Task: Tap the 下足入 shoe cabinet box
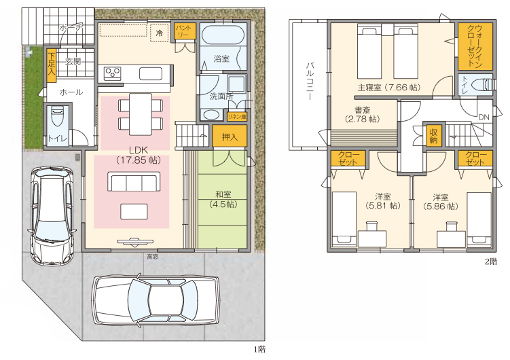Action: [52, 65]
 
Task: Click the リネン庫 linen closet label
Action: [237, 116]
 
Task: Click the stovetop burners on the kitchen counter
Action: [112, 73]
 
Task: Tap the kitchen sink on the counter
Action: [151, 73]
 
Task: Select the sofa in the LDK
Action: [134, 181]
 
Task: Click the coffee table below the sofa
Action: [134, 211]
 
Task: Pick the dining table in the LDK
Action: [140, 114]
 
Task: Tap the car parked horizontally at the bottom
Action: [156, 300]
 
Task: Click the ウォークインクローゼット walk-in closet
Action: [475, 46]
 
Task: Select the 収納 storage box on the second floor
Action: [433, 136]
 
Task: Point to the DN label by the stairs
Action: [484, 117]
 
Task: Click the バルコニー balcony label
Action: [310, 82]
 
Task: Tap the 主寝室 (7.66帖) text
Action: [389, 87]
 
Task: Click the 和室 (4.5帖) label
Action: [223, 199]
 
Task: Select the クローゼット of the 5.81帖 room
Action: [348, 158]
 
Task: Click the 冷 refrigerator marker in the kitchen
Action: [160, 33]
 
